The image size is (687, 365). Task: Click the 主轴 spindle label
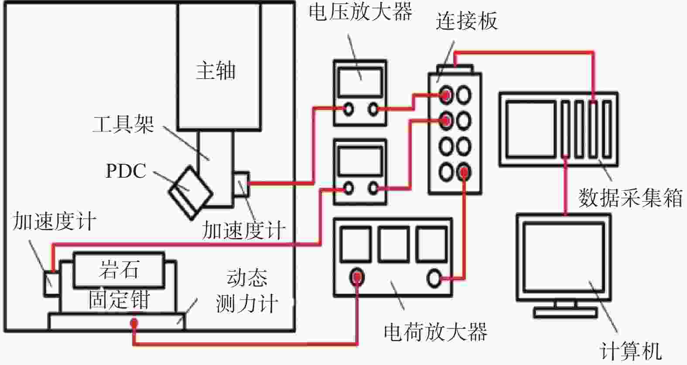216,71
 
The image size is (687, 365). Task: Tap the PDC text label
126,171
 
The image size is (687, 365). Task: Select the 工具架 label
123,124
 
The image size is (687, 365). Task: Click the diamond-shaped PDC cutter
191,193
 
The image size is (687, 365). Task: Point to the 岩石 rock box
119,270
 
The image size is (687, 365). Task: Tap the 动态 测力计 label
247,291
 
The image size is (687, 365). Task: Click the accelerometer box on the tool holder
241,184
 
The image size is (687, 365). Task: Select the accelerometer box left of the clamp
52,284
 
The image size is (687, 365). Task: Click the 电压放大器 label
360,12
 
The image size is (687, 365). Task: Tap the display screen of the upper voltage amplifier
360,83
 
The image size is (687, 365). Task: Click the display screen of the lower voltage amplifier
360,162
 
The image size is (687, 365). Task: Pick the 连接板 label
467,21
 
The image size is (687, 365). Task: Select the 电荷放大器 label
435,332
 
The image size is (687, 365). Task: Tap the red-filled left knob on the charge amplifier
357,277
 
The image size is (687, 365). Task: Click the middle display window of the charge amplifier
394,244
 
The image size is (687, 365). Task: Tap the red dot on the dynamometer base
134,323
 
